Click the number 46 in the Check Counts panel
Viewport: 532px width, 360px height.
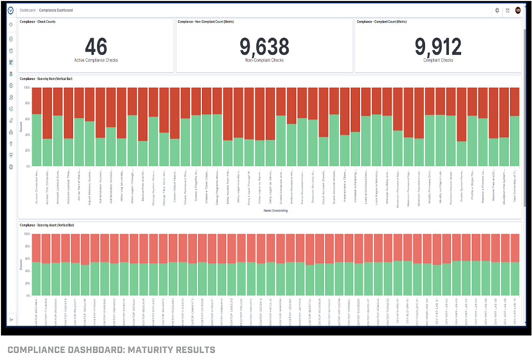pos(96,47)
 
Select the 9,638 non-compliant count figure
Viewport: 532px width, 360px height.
pos(264,47)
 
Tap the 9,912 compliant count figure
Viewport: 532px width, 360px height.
pos(438,47)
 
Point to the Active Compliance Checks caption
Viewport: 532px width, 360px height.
pos(96,61)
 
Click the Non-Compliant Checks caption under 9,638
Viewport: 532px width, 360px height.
pos(264,61)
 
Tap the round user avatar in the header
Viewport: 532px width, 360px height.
pos(517,10)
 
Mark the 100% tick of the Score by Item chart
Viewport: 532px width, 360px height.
pos(27,87)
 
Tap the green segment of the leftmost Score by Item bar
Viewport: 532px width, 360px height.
pos(37,140)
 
